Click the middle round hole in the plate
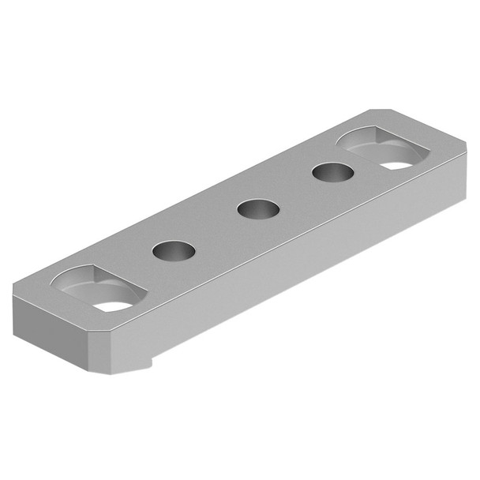(258, 210)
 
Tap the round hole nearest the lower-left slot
(174, 251)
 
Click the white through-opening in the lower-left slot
(114, 305)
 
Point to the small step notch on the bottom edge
(151, 365)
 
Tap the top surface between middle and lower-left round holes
(216, 231)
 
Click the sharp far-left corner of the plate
(13, 291)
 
